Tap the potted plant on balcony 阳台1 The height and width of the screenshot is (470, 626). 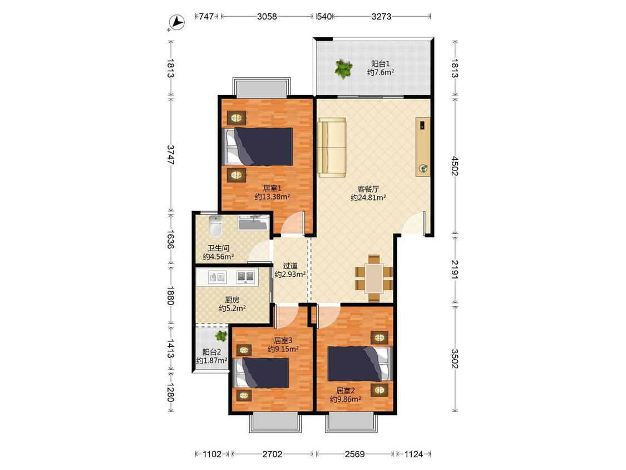coord(344,68)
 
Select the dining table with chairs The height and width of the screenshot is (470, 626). coord(374,278)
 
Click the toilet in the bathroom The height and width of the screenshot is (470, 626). coord(215,226)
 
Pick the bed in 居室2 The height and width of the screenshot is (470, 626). coord(359,364)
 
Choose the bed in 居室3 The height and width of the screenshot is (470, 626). coord(262,373)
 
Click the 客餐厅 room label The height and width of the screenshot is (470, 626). coord(368,189)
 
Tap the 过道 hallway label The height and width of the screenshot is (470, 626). coord(290,266)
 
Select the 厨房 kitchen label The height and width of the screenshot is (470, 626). coord(232,300)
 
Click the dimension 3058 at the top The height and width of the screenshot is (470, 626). coord(267,16)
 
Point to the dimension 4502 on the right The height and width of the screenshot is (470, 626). coord(455,165)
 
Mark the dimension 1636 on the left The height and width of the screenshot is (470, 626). coord(170,239)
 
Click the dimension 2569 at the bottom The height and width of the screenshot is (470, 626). coord(354,454)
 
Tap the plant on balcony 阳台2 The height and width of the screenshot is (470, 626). coord(221,336)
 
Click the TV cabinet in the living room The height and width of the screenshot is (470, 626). coord(423,146)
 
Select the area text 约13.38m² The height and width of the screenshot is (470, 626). coord(272,197)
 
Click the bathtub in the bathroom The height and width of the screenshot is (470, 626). coord(253,222)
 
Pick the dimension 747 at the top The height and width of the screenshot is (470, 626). coord(206,16)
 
